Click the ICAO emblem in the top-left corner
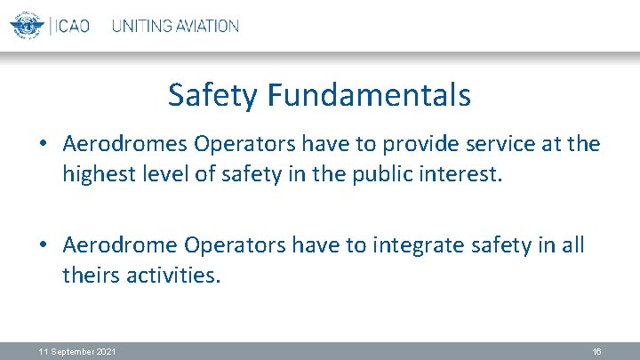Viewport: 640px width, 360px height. (x=28, y=25)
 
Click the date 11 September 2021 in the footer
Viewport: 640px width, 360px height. (x=76, y=353)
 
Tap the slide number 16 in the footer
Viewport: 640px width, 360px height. (x=596, y=353)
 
